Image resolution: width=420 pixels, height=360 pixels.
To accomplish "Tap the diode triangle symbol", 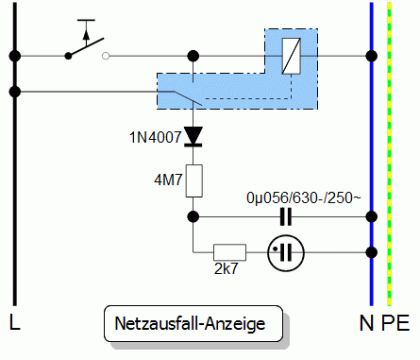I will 193,136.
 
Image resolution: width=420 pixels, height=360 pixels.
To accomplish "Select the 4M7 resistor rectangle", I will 193,180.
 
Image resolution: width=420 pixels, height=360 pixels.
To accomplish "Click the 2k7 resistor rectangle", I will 229,252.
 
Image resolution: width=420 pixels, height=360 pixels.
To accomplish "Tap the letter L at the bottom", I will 14,323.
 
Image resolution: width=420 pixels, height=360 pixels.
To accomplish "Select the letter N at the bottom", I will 366,323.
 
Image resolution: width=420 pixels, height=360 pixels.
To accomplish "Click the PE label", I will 396,323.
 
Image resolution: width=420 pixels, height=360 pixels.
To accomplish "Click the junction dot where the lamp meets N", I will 370,252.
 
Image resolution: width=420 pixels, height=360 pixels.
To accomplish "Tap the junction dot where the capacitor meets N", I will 370,216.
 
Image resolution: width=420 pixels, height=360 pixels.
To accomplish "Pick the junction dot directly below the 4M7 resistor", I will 193,216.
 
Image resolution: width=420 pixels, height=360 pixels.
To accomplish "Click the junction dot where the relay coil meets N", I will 370,56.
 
